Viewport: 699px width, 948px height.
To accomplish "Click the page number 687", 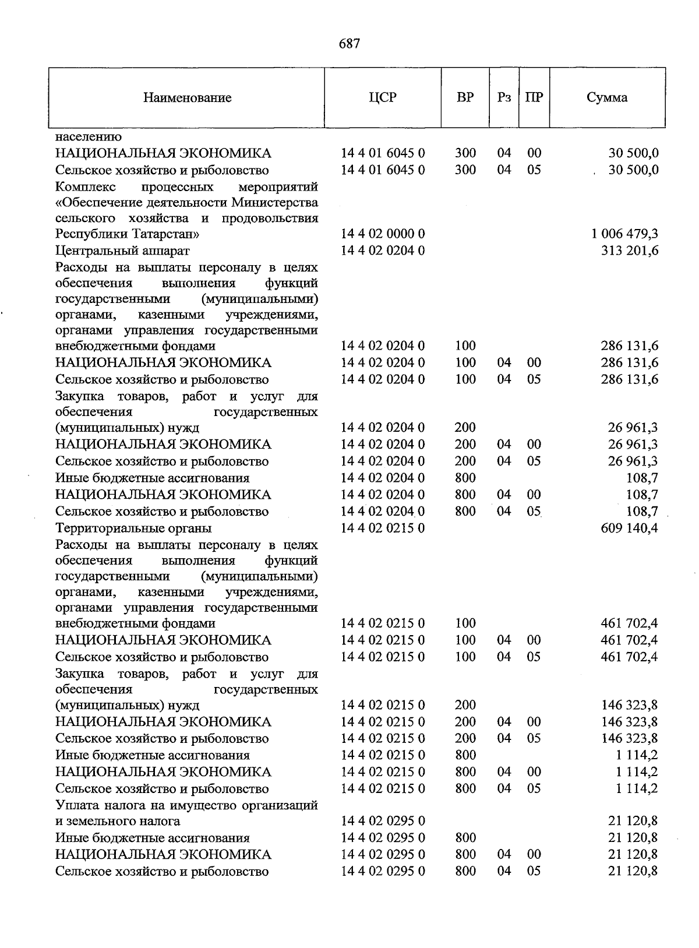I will pyautogui.click(x=349, y=44).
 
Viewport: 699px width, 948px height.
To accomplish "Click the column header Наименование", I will pyautogui.click(x=187, y=98).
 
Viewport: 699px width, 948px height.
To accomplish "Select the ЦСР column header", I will pyautogui.click(x=383, y=97).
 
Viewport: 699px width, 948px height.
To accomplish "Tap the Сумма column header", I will pyautogui.click(x=607, y=97).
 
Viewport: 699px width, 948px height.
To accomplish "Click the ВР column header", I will pyautogui.click(x=465, y=97).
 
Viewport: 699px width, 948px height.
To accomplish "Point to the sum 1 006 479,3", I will pyautogui.click(x=624, y=234).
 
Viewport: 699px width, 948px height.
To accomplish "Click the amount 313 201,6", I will pyautogui.click(x=630, y=251).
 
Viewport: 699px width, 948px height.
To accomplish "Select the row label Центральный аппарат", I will pyautogui.click(x=122, y=251).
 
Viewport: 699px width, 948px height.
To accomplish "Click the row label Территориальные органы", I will pyautogui.click(x=133, y=528).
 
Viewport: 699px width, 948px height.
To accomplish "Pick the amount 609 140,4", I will pyautogui.click(x=630, y=528).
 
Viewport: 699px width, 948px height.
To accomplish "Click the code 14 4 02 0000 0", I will pyautogui.click(x=383, y=234).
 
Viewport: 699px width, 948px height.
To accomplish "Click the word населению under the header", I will pyautogui.click(x=89, y=138).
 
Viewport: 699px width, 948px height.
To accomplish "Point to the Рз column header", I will pyautogui.click(x=504, y=97).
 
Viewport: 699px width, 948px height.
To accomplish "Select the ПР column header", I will pyautogui.click(x=534, y=97).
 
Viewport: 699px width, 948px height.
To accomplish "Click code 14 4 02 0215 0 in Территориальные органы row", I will pyautogui.click(x=383, y=528).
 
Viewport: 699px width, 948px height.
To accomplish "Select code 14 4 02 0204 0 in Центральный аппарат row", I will pyautogui.click(x=383, y=251).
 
